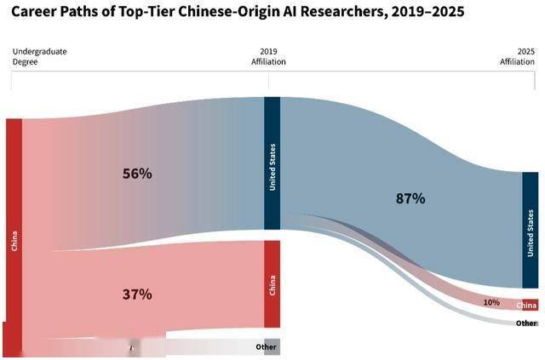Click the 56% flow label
pyautogui.click(x=136, y=174)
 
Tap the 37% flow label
pyautogui.click(x=136, y=294)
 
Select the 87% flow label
pyautogui.click(x=410, y=198)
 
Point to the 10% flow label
pyautogui.click(x=491, y=302)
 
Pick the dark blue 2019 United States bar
pyautogui.click(x=272, y=163)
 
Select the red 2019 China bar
pyautogui.click(x=272, y=283)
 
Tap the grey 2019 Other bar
pyautogui.click(x=272, y=346)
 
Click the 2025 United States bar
pyautogui.click(x=530, y=230)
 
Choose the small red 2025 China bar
pyautogui.click(x=528, y=305)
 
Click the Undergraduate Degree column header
pyautogui.click(x=39, y=56)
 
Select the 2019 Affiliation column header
pyautogui.click(x=268, y=56)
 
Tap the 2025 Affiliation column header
pyautogui.click(x=518, y=56)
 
